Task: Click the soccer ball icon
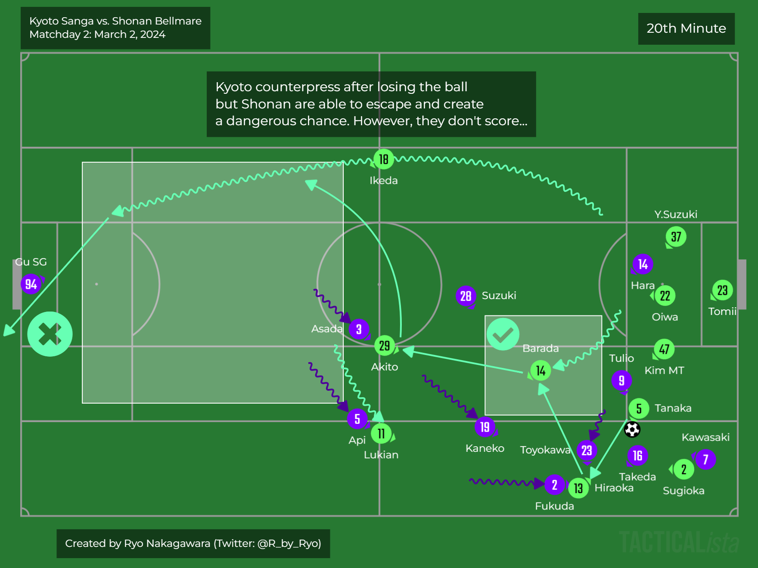pos(632,429)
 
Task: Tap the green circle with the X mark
pos(50,334)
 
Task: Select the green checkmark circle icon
pos(503,334)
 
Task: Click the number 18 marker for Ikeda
pos(383,159)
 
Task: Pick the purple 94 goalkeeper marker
pos(31,284)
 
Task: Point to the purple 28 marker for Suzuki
pos(466,296)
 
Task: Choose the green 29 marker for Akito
pos(385,346)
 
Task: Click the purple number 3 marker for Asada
pos(359,330)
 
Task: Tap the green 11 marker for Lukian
pos(381,434)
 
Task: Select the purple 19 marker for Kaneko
pos(485,427)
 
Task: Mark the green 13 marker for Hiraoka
pos(578,488)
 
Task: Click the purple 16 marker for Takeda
pos(637,456)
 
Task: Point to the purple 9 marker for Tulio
pos(621,380)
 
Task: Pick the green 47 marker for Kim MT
pos(664,349)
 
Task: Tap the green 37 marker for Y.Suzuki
pos(676,237)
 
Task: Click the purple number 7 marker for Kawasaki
pos(705,460)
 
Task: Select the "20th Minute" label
pos(686,28)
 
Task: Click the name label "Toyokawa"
pos(545,450)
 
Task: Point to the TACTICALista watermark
pos(679,542)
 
